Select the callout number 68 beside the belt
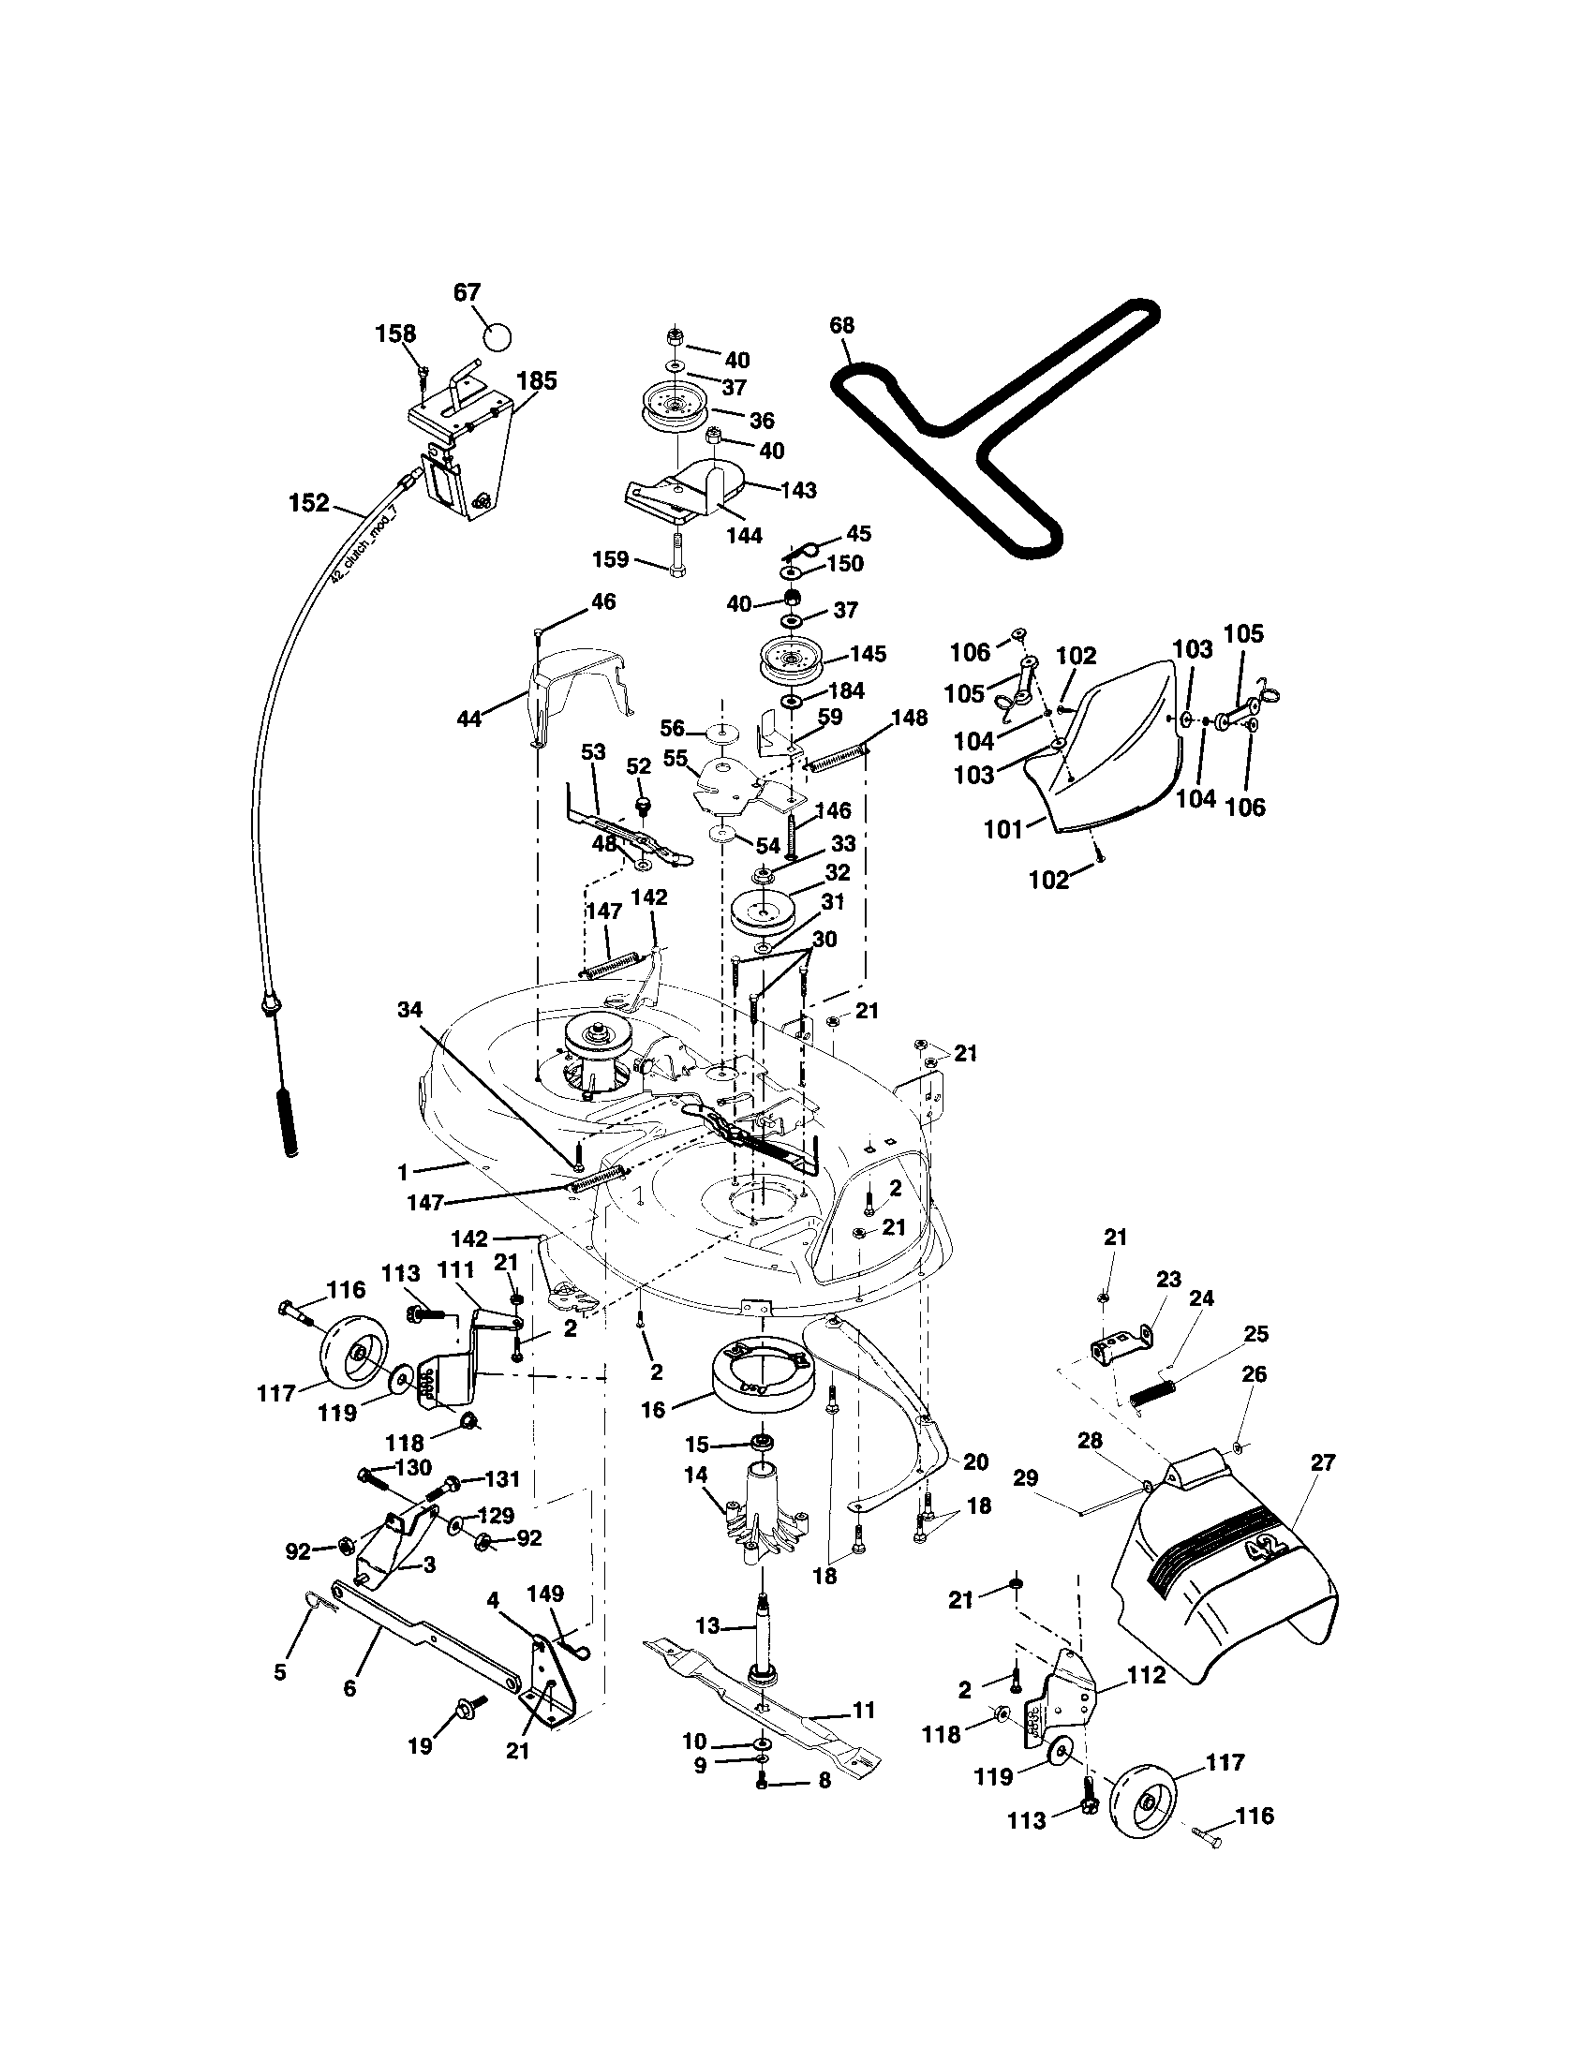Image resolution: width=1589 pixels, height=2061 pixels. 841,326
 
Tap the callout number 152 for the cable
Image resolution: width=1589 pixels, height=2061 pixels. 309,503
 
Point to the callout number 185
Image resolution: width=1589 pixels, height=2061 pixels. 537,381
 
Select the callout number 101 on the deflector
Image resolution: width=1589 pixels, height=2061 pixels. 1004,829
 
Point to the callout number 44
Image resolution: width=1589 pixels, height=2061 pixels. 469,719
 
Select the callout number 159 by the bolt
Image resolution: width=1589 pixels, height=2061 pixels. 611,559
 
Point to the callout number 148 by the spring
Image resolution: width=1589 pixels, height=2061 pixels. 910,719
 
